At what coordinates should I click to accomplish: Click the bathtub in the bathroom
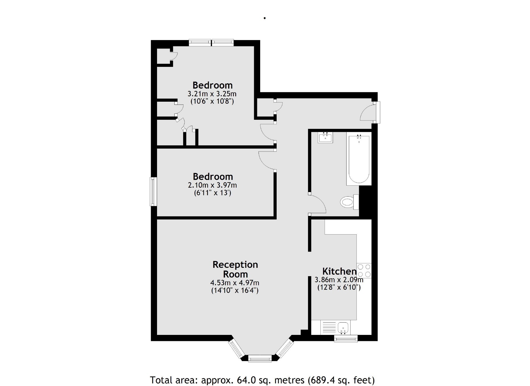[x=359, y=159]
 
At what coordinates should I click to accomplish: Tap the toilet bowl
[x=347, y=202]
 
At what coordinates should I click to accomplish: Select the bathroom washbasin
[x=325, y=138]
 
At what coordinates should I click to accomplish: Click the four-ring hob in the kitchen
[x=364, y=270]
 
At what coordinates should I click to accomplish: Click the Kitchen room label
[x=339, y=271]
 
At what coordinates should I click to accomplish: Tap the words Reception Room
[x=235, y=269]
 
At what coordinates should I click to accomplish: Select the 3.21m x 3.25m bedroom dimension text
[x=212, y=94]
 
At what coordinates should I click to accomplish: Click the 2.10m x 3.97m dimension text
[x=212, y=185]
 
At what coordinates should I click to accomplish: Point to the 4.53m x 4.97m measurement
[x=235, y=283]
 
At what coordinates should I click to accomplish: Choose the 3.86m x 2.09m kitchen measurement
[x=339, y=280]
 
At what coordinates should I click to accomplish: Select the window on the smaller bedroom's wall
[x=153, y=192]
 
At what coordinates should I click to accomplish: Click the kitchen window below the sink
[x=346, y=339]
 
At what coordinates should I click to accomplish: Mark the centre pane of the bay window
[x=260, y=358]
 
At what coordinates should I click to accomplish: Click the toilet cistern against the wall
[x=356, y=202]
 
